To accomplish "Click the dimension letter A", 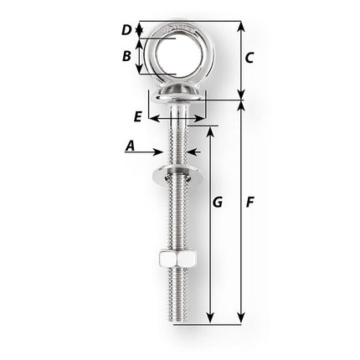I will coord(130,146).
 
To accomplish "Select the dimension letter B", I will coord(126,57).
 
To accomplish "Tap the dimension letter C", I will coord(249,58).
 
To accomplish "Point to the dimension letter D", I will coord(126,30).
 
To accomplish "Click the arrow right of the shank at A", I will coord(189,152).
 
